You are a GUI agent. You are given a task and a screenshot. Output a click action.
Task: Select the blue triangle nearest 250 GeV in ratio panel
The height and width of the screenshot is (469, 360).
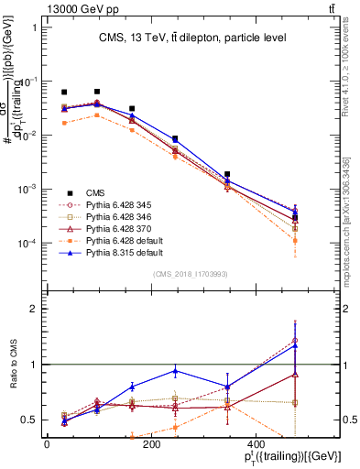pyautogui.click(x=225, y=371)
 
